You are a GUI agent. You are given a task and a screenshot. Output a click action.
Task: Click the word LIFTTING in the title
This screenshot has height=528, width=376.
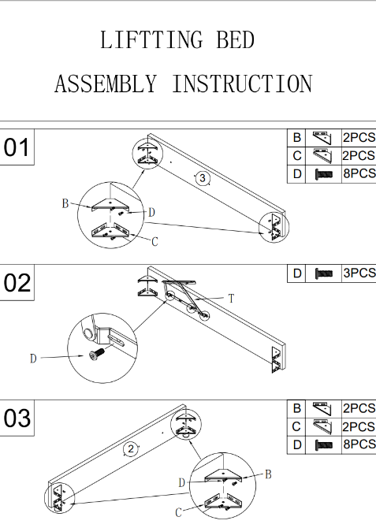pos(151,39)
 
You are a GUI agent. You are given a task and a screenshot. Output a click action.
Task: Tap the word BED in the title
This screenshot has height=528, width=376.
pos(235,39)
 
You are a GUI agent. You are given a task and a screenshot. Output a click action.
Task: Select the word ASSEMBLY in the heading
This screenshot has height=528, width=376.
pos(106,84)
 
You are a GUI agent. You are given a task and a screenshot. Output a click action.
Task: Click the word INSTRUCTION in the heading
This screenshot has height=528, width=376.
pos(243,84)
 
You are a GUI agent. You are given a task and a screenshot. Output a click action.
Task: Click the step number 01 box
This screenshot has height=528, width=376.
pos(17,147)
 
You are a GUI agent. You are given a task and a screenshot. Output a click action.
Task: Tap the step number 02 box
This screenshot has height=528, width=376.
pos(17,283)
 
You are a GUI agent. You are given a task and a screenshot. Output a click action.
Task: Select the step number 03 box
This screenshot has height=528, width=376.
pos(17,418)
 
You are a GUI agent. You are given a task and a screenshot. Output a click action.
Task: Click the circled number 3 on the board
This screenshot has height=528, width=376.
pos(203,178)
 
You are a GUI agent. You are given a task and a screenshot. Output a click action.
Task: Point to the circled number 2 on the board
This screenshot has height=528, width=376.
pos(131,449)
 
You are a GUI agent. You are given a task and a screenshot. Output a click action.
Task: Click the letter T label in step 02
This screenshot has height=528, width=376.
pos(231,299)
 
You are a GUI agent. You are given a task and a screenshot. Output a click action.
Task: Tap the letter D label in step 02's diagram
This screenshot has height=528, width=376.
pos(33,359)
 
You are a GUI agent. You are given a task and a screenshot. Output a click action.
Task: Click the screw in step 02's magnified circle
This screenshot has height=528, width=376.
pos(97,354)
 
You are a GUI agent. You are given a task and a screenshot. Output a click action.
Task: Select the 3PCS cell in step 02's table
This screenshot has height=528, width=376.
pos(359,273)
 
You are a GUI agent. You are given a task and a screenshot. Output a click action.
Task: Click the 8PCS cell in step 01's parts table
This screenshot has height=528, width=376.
pos(359,173)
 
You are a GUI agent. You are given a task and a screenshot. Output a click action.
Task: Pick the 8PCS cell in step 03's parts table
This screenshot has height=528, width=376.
pos(359,444)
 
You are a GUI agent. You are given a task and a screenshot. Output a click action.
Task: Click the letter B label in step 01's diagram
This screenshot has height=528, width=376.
pos(65,203)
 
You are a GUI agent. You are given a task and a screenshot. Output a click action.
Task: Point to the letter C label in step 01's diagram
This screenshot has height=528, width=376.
pos(154,242)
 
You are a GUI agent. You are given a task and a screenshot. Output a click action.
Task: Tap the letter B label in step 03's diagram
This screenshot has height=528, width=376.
pos(268,474)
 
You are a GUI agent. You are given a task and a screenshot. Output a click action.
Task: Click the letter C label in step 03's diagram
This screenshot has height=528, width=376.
pos(179,512)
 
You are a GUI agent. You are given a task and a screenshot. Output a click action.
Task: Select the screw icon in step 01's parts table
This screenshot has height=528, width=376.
pos(323,174)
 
